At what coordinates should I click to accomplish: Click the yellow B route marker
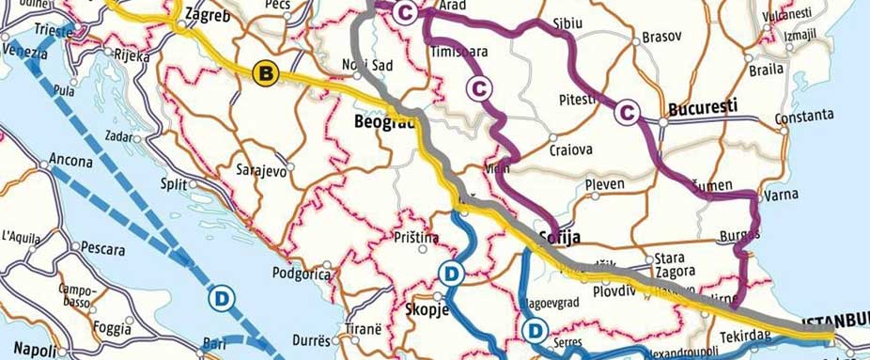click(266, 72)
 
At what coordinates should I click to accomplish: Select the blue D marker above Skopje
click(452, 274)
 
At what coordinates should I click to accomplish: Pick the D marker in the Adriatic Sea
click(223, 295)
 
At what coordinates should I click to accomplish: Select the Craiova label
click(571, 150)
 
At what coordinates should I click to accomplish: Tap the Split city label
click(174, 183)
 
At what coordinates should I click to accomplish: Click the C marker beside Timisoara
click(480, 87)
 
